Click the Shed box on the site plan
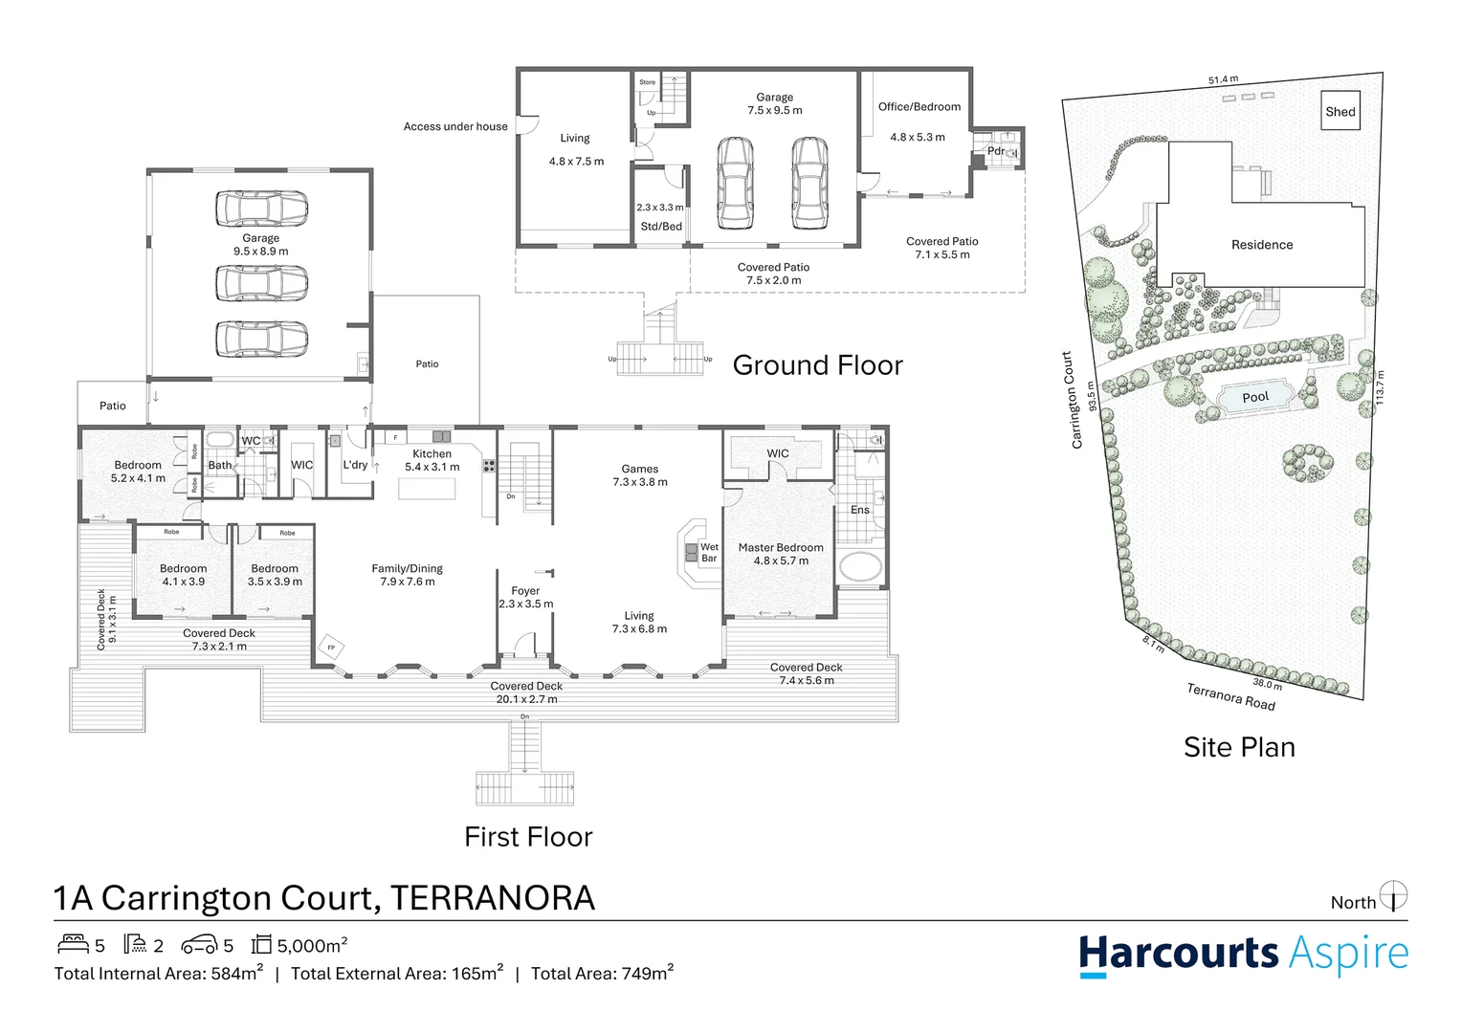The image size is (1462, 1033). tap(1340, 111)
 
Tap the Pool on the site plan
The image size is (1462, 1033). tap(1255, 397)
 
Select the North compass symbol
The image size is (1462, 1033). tap(1394, 896)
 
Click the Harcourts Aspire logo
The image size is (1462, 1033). tap(1243, 955)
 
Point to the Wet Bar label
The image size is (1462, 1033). tap(708, 553)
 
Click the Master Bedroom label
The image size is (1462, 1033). tap(781, 554)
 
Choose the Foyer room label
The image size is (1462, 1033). tap(525, 597)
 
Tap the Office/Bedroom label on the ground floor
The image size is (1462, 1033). tap(919, 107)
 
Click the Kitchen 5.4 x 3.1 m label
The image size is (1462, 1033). tap(432, 460)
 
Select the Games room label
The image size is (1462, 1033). tap(640, 475)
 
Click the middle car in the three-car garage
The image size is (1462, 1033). tap(261, 282)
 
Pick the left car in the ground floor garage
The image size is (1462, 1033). tap(735, 183)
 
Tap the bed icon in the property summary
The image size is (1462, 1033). tap(74, 945)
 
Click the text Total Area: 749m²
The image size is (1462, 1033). tap(602, 974)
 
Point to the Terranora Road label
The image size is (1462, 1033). tap(1230, 696)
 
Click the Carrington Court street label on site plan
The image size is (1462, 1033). tap(1072, 400)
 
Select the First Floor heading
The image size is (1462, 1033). tap(528, 837)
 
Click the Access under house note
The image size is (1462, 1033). tap(455, 126)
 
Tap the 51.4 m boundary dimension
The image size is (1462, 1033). tap(1223, 80)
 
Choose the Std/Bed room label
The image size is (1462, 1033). tap(660, 227)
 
